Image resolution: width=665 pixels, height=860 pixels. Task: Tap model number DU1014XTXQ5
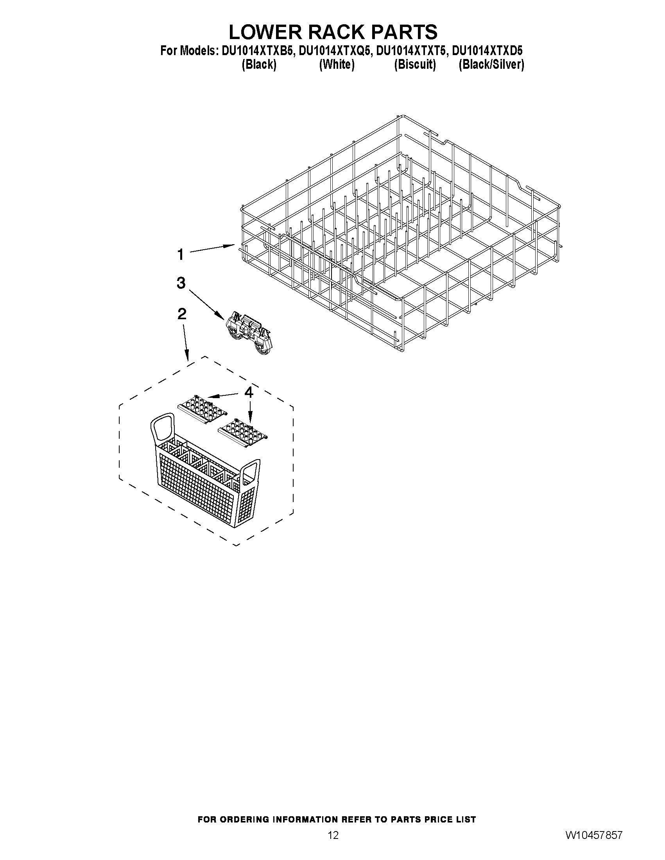tap(335, 51)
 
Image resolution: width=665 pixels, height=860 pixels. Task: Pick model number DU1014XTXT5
tap(411, 51)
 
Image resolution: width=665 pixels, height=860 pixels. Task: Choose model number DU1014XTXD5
tap(488, 51)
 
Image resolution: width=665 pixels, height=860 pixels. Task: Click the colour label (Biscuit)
tap(415, 64)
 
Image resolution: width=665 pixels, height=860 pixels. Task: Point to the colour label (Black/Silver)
tap(491, 64)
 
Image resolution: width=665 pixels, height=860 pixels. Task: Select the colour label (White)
tap(337, 64)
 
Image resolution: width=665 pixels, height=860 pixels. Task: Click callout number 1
tap(181, 255)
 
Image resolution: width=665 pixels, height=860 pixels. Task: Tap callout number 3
tap(181, 283)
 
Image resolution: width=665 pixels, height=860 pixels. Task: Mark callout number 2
tap(182, 314)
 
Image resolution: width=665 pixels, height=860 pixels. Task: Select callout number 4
tap(249, 392)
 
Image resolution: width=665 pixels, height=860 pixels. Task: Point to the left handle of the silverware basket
tap(162, 427)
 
